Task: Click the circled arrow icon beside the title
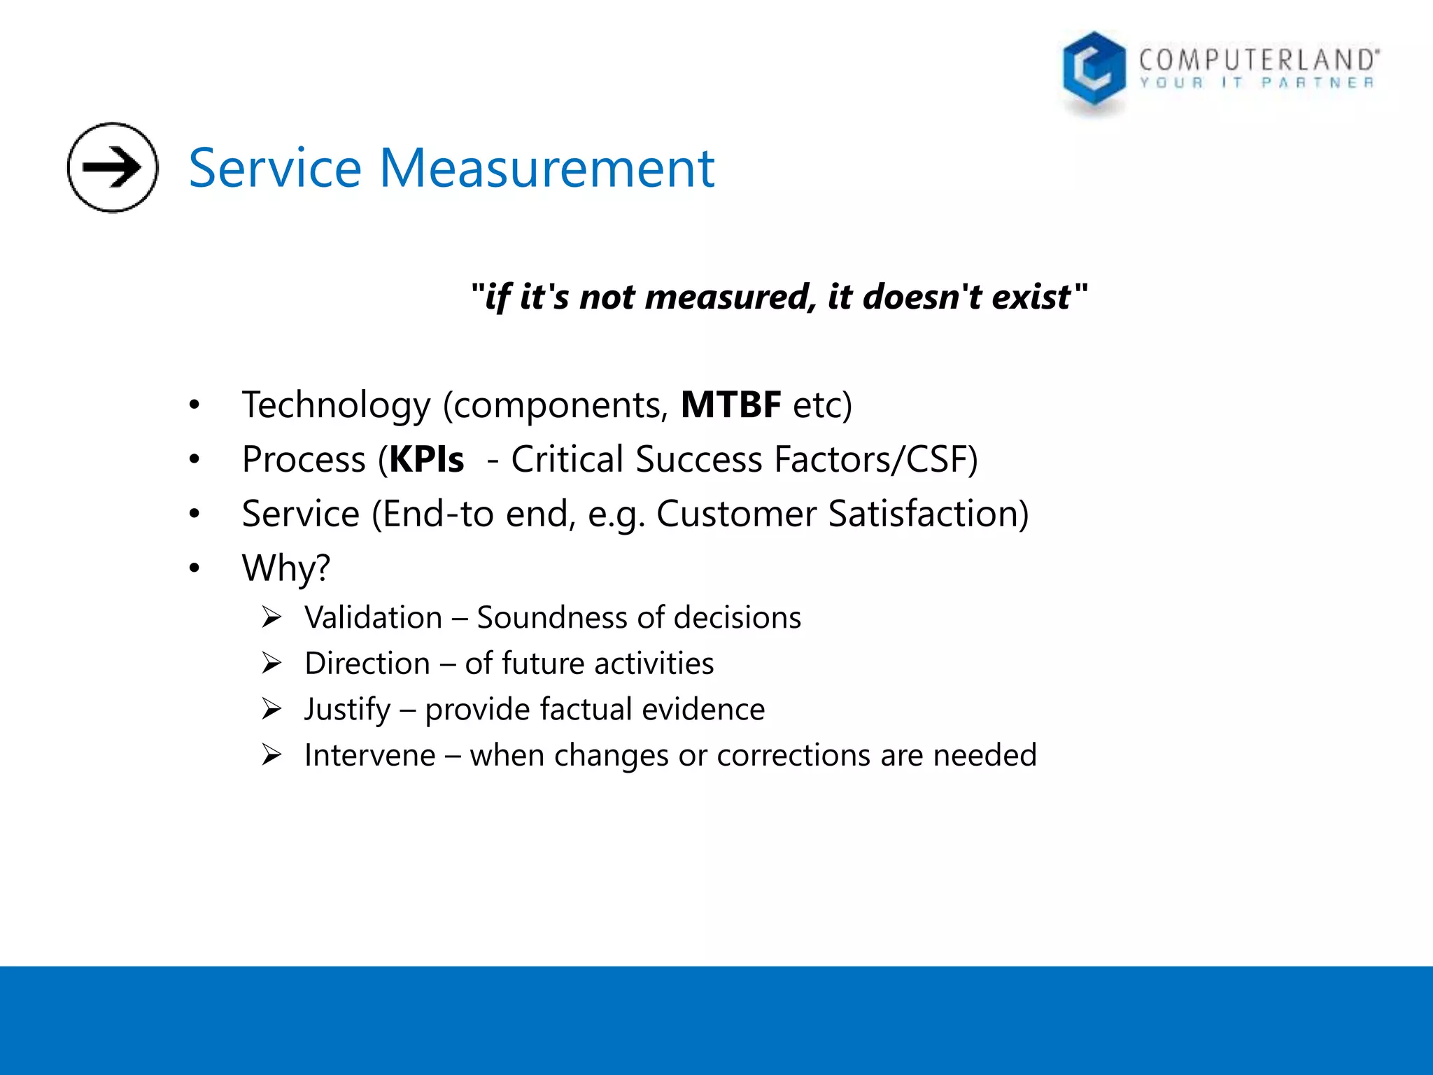[x=112, y=167]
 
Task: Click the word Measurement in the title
[x=546, y=169]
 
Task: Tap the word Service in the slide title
[x=275, y=169]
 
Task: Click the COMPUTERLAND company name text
[x=1259, y=59]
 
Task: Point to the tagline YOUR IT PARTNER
[x=1257, y=83]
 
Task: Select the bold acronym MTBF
[x=730, y=405]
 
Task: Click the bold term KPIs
[x=426, y=460]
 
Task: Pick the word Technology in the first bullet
[x=337, y=405]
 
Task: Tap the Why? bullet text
[x=285, y=568]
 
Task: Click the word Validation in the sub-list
[x=373, y=618]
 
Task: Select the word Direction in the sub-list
[x=367, y=663]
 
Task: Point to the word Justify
[x=347, y=710]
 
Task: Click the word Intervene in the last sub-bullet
[x=369, y=755]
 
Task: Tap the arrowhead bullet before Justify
[x=271, y=710]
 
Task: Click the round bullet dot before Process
[x=195, y=459]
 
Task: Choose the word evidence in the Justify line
[x=703, y=710]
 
